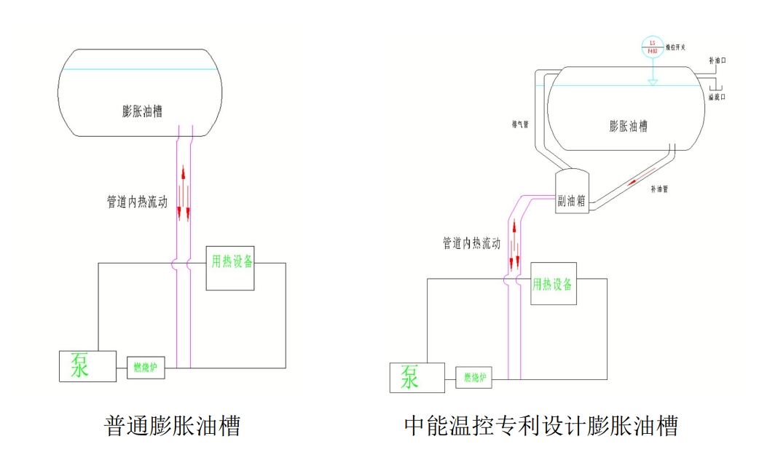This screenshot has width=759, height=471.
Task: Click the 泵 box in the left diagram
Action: pyautogui.click(x=87, y=366)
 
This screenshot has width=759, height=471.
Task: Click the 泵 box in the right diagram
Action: pyautogui.click(x=417, y=377)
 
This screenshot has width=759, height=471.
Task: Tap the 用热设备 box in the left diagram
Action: pyautogui.click(x=230, y=268)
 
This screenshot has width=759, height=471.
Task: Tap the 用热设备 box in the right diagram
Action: pyautogui.click(x=554, y=284)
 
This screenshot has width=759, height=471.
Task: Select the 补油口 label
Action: pyautogui.click(x=717, y=63)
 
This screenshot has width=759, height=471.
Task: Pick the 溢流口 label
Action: pyautogui.click(x=717, y=96)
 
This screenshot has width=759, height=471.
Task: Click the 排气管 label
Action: pyautogui.click(x=520, y=124)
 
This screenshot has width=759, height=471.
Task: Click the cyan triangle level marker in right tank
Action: pyautogui.click(x=653, y=82)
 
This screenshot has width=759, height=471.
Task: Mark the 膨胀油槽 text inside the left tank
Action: pyautogui.click(x=142, y=111)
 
